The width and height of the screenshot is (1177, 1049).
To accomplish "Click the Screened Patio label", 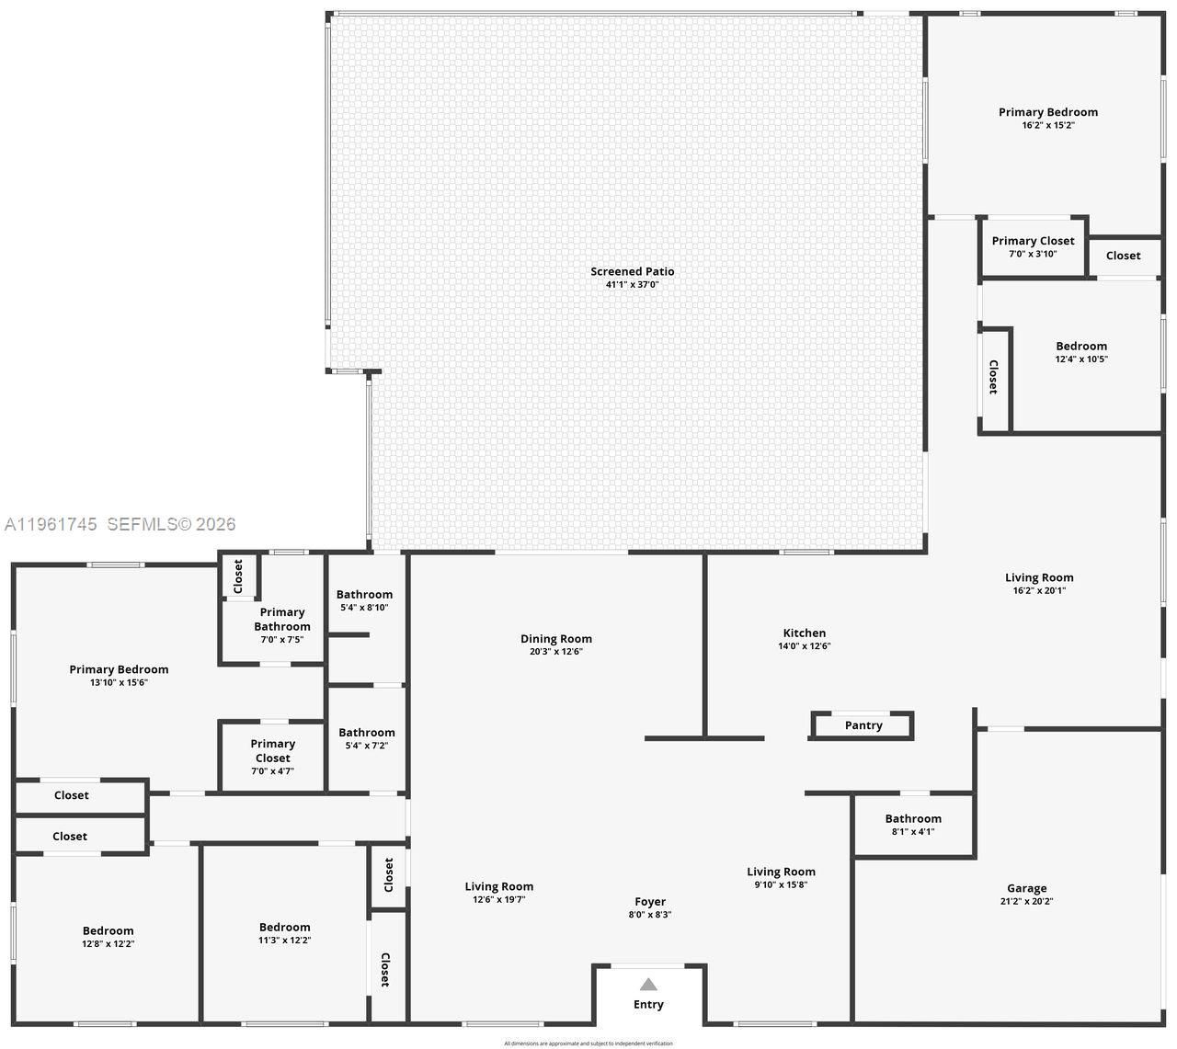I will [x=632, y=271].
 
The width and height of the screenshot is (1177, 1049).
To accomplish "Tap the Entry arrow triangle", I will [x=648, y=985].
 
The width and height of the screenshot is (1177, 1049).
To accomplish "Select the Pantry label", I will [x=863, y=725].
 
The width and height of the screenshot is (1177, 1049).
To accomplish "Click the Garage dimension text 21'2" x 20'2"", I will [x=1026, y=901].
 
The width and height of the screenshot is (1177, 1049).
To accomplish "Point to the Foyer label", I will [x=649, y=902].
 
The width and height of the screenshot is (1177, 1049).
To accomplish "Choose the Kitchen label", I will [x=804, y=633].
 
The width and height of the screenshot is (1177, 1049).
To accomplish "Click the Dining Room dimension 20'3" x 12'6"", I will [x=555, y=652].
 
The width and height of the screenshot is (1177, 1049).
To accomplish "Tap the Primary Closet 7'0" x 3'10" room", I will [x=1033, y=246].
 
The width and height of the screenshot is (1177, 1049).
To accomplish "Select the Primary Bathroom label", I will [x=281, y=619].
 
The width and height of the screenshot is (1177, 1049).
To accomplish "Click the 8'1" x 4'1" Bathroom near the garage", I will [x=912, y=824].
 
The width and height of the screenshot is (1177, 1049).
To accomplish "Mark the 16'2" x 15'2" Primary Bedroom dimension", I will [x=1047, y=125].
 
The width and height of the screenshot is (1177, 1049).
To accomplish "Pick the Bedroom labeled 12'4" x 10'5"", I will [x=1080, y=352].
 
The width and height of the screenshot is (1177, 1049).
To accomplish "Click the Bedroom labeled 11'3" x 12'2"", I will [x=284, y=933].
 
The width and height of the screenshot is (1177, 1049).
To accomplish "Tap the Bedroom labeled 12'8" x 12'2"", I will [x=108, y=936].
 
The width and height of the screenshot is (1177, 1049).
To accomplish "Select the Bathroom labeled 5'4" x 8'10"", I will [x=364, y=600].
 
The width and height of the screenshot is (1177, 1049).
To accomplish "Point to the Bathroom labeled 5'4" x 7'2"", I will [x=366, y=738].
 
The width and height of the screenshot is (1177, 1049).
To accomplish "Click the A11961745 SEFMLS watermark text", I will [x=120, y=524].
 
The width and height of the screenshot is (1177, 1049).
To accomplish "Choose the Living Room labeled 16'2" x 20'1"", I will [x=1038, y=584].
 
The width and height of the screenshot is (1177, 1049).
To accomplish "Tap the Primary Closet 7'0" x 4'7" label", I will [x=272, y=757].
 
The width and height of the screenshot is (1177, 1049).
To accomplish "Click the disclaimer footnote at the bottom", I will [x=588, y=1043].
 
